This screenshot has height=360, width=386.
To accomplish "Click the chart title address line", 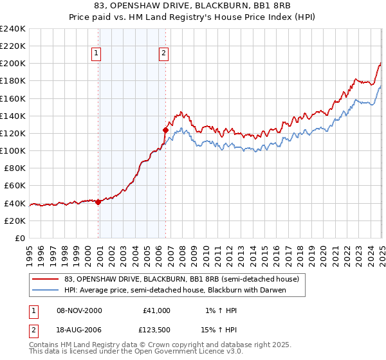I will (x=193, y=6).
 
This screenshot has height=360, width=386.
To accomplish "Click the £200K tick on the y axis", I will (x=13, y=64).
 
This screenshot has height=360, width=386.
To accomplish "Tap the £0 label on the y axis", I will (x=19, y=238).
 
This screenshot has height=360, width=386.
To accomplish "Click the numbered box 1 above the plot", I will (x=96, y=54).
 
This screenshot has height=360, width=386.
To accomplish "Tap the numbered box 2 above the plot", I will (x=164, y=54).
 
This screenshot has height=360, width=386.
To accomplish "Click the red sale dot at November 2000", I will (x=98, y=202).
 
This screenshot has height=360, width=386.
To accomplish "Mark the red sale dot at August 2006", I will (x=165, y=130).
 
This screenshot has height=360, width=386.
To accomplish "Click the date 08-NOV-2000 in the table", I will (x=78, y=310).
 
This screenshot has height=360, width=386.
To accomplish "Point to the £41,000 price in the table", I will (x=157, y=310).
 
